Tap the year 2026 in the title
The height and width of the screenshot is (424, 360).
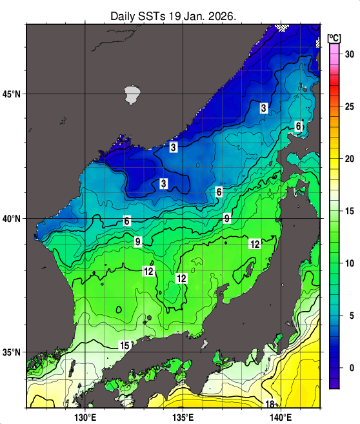223,15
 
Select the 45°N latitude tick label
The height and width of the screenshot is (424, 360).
12,94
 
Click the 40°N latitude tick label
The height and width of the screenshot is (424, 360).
12,219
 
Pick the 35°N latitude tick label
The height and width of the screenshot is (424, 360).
12,352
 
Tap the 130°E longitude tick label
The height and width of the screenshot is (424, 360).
85,417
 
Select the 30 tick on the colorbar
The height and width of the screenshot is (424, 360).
349,54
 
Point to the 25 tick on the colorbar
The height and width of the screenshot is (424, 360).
349,106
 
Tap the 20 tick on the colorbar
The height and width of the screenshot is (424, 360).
349,159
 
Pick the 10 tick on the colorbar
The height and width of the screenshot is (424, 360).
349,263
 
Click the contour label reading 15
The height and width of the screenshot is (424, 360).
126,345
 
